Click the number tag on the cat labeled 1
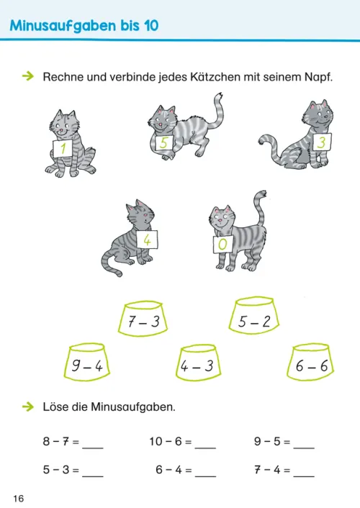coord(63,148)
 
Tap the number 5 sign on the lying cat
coord(163,143)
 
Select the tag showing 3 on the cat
coord(322,142)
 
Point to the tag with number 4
coord(147,240)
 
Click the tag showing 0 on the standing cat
coord(222,244)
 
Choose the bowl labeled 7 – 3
coord(143,319)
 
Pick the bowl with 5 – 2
coord(254,315)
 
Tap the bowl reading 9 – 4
coord(86,361)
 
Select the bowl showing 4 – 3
coord(198,362)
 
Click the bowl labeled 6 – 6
coord(310,361)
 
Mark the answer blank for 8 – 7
coord(93,448)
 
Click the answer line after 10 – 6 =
coord(205,448)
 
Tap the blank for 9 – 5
coord(304,448)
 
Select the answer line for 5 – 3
coord(93,476)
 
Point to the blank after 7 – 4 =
coord(304,476)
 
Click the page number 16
coord(19,498)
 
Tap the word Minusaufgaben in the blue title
coord(63,26)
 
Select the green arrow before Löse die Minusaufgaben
coord(28,407)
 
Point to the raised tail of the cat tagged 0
coord(259,211)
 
